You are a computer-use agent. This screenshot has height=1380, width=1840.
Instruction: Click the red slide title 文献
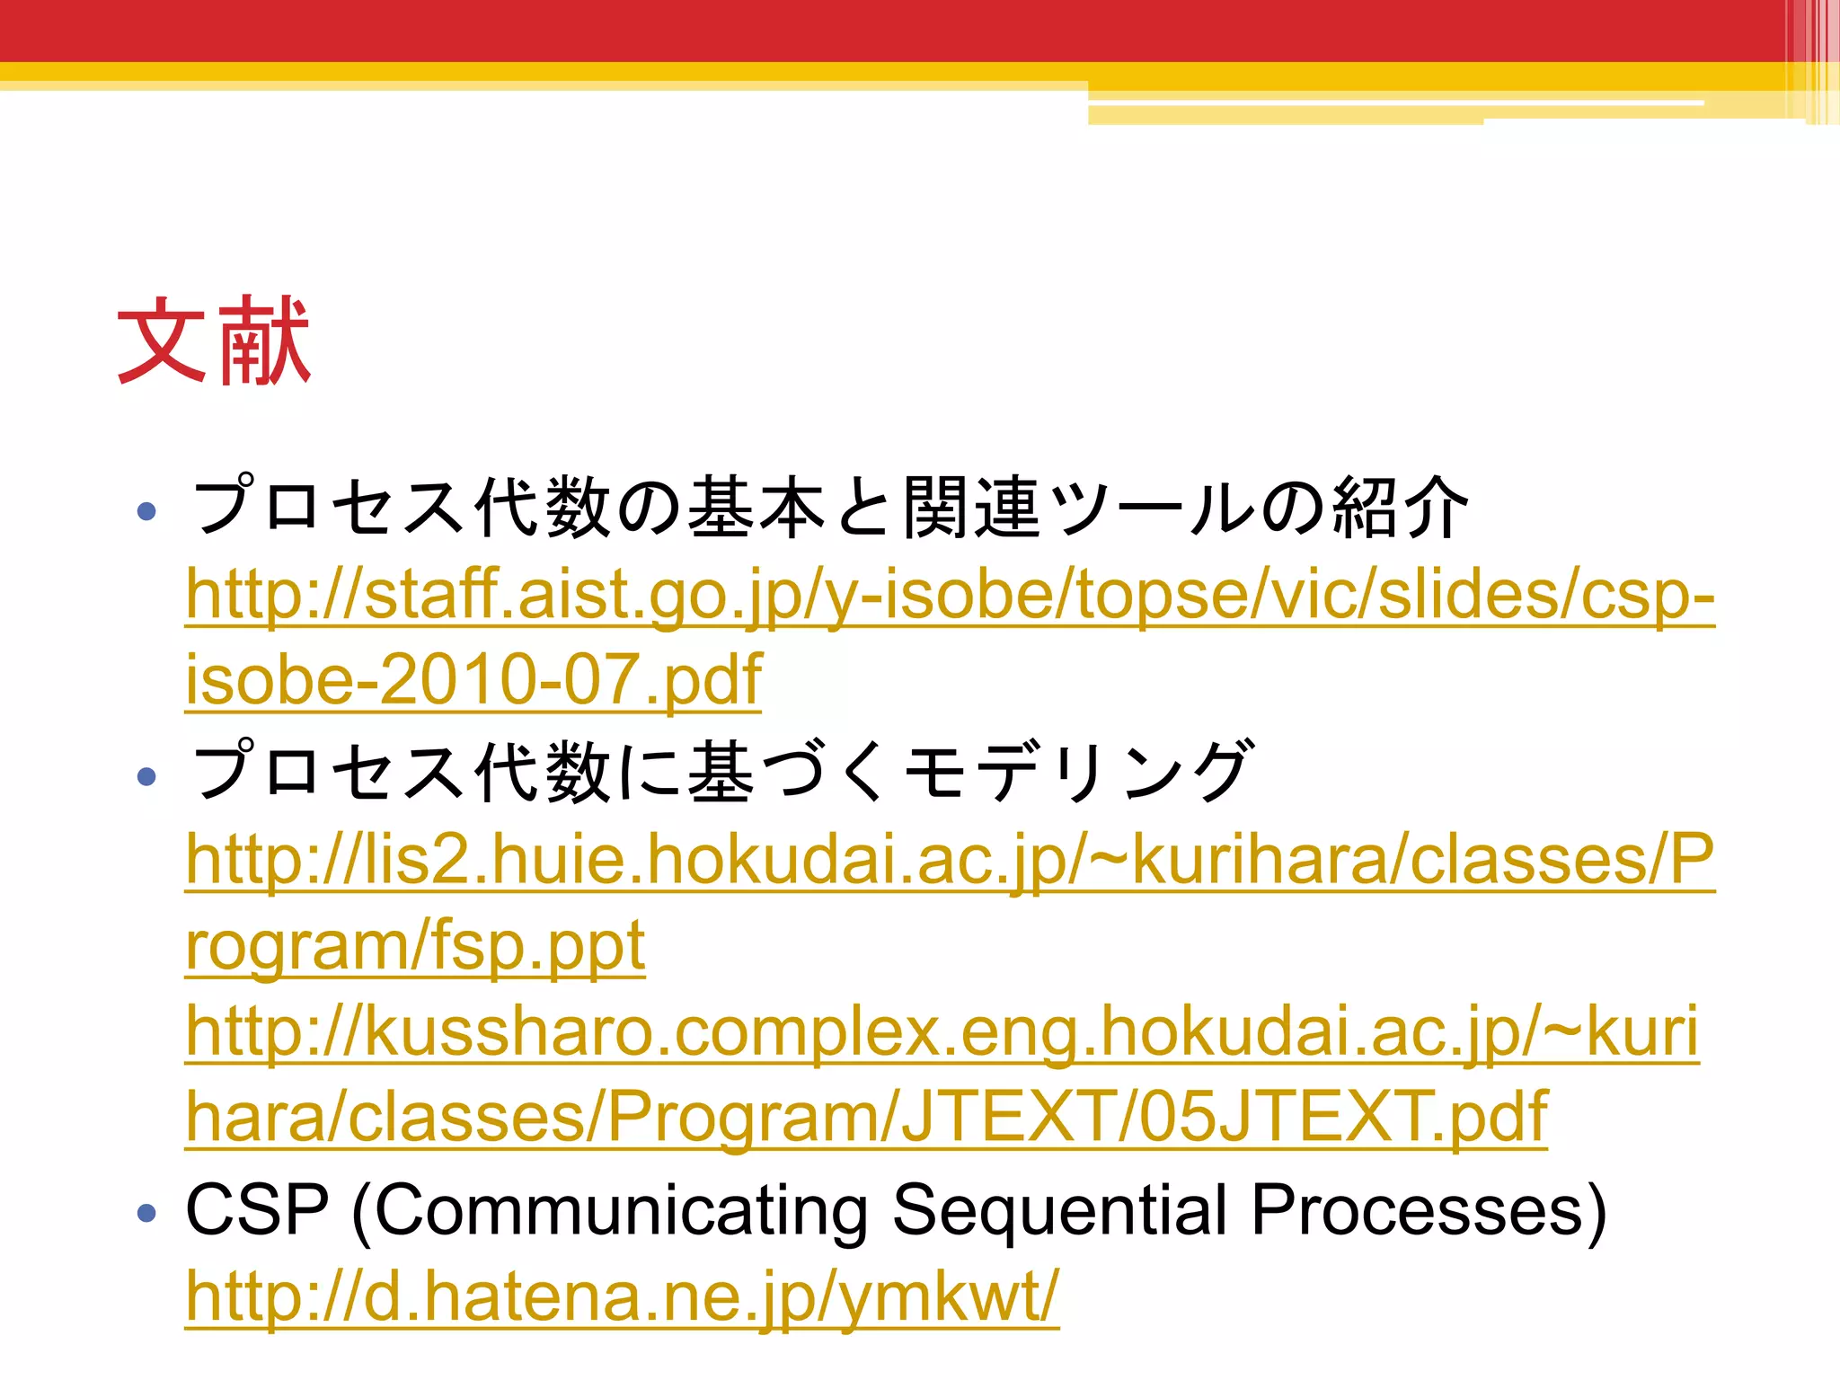tap(214, 341)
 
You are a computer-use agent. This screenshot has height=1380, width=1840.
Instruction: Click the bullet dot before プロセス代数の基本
tap(146, 512)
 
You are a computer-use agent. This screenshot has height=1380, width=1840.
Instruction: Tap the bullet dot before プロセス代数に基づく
tap(146, 776)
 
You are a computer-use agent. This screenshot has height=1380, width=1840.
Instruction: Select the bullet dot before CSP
tap(146, 1214)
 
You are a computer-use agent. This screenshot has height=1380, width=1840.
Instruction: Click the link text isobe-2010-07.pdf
tap(473, 679)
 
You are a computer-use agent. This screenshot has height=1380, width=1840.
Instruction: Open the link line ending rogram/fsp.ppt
tap(415, 945)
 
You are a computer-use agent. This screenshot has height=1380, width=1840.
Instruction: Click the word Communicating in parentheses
tap(620, 1210)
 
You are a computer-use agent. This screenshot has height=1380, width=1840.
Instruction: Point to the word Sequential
tap(1060, 1210)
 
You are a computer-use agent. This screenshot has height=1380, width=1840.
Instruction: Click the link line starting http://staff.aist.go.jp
tap(950, 595)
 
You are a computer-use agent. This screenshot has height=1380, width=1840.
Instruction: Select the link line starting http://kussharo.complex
tap(942, 1032)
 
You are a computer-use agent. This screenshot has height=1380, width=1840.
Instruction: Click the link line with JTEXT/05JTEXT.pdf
tap(866, 1117)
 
